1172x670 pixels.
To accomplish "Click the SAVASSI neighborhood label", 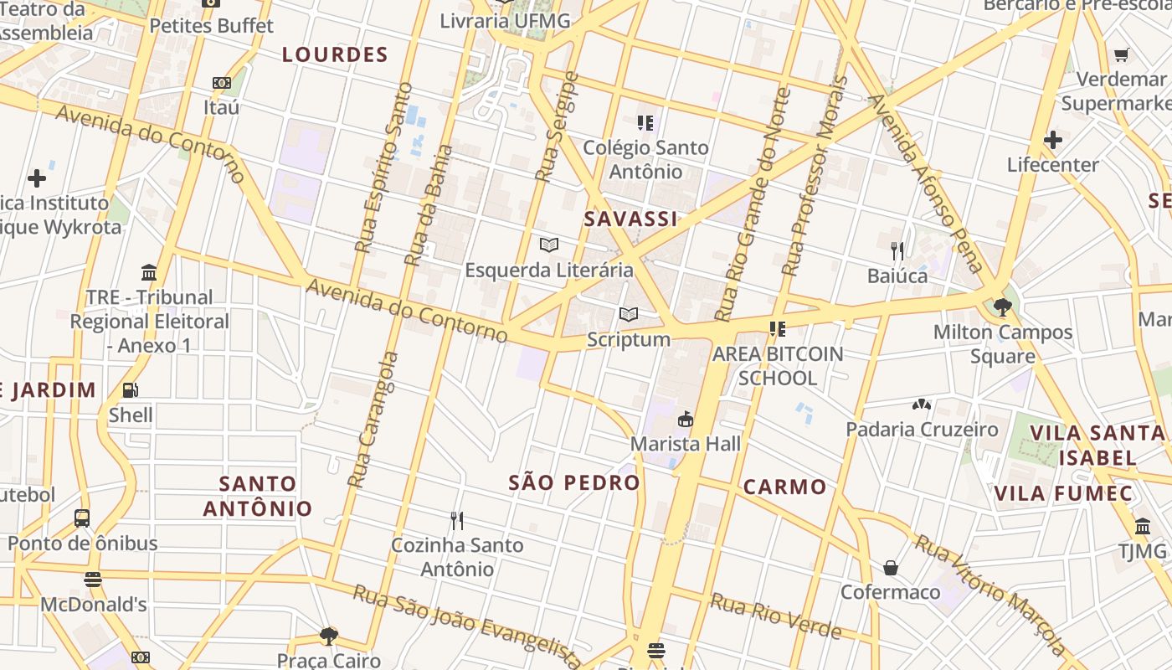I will [x=630, y=219].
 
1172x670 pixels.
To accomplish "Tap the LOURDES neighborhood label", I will [x=335, y=55].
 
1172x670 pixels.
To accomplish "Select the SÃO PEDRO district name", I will [x=574, y=482].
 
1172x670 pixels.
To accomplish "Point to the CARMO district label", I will [x=784, y=487].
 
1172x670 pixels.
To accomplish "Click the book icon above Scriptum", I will [x=629, y=315].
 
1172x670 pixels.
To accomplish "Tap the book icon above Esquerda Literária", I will [x=549, y=245].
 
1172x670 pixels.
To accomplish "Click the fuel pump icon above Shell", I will [x=131, y=390].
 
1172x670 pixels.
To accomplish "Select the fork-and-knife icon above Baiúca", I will [x=897, y=250].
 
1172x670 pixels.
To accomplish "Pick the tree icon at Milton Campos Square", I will [x=1002, y=307].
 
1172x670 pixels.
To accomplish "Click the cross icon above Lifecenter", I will [x=1053, y=140].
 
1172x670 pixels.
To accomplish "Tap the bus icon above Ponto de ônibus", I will [x=82, y=518].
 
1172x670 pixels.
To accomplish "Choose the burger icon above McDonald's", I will [x=93, y=580].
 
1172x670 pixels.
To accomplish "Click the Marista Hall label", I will [x=686, y=444].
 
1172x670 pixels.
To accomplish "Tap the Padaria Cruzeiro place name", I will [x=922, y=430].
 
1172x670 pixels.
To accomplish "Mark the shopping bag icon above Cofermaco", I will [x=891, y=568].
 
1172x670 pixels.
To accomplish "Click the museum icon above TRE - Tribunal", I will [x=150, y=273].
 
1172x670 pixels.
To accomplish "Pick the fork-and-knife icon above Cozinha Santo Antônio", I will [x=457, y=521].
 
